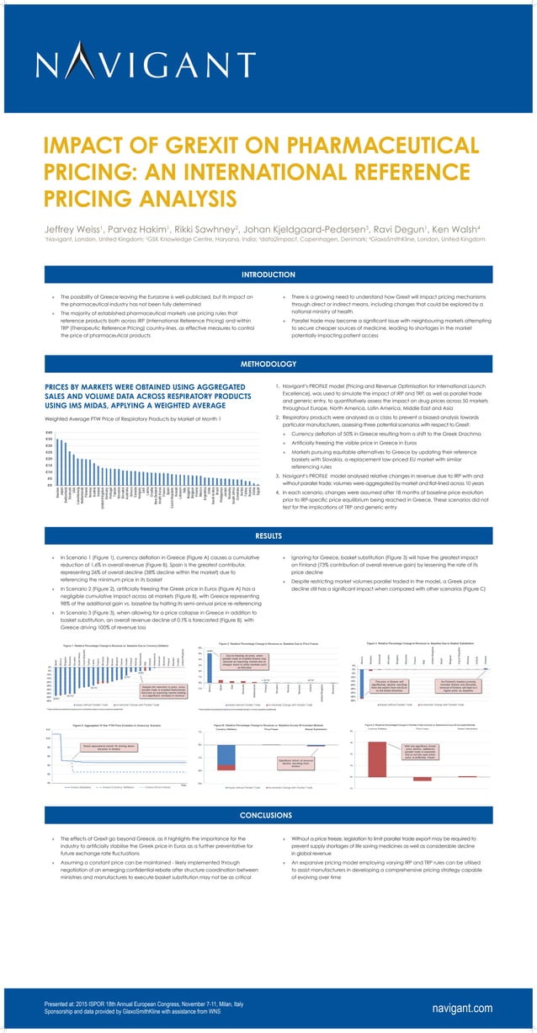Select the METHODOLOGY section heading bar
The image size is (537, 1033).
(x=268, y=364)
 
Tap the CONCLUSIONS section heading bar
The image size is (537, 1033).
(x=268, y=816)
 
